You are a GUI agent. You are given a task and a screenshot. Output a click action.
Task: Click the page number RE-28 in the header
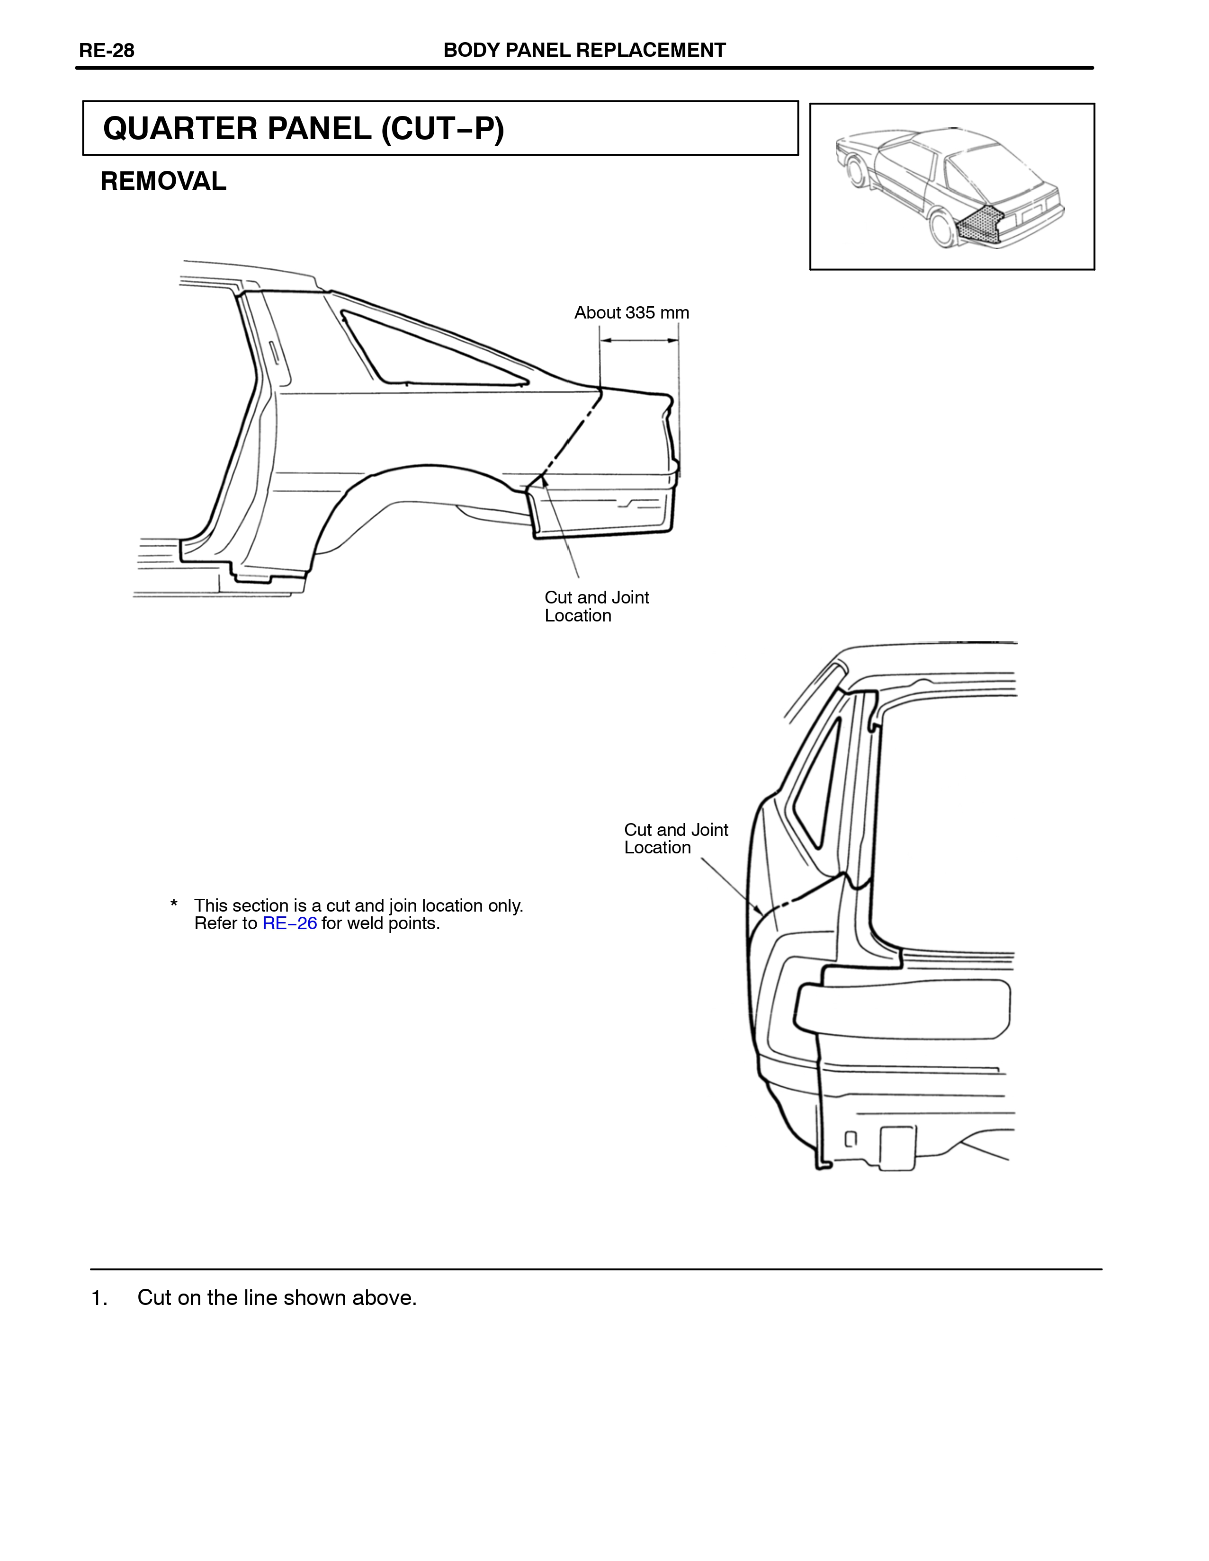107,51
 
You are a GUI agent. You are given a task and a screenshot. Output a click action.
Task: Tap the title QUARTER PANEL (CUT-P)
304,129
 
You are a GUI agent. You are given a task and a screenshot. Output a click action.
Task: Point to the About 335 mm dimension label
631,313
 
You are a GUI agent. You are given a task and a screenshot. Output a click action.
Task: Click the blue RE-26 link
289,923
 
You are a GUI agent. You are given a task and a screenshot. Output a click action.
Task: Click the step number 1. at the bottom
99,1298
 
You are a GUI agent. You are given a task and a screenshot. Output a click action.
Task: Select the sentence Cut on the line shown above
278,1298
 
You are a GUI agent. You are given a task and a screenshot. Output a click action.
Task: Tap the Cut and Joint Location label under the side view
597,606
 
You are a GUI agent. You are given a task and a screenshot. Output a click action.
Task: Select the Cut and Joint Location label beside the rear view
676,838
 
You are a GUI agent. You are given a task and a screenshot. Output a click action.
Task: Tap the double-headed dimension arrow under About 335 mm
639,340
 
